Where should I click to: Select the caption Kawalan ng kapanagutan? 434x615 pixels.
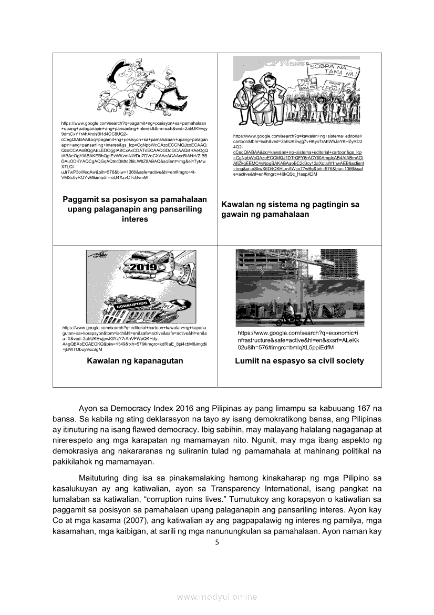pyautogui.click(x=135, y=361)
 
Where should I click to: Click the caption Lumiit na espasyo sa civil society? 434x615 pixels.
pyautogui.click(x=299, y=361)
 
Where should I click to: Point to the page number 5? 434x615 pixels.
pyautogui.click(x=216, y=542)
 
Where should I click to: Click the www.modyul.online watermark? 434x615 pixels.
pyautogui.click(x=216, y=597)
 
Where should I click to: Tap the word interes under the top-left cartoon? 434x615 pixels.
pyautogui.click(x=135, y=219)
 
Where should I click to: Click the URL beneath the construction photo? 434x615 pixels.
pyautogui.click(x=298, y=340)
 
